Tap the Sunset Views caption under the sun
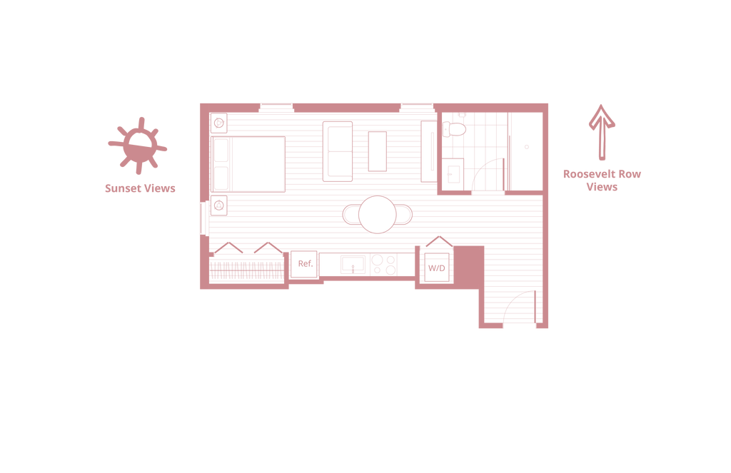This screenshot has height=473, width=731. click(140, 189)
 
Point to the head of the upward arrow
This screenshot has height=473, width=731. click(602, 116)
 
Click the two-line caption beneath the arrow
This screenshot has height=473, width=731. click(602, 180)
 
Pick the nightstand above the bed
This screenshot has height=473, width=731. click(220, 123)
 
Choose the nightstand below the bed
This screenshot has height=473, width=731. click(220, 205)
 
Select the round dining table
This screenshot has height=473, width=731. click(376, 213)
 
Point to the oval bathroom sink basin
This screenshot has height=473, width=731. click(454, 128)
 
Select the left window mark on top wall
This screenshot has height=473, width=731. click(276, 108)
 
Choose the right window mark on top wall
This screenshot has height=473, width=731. click(415, 108)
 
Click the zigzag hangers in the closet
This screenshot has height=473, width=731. click(247, 249)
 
